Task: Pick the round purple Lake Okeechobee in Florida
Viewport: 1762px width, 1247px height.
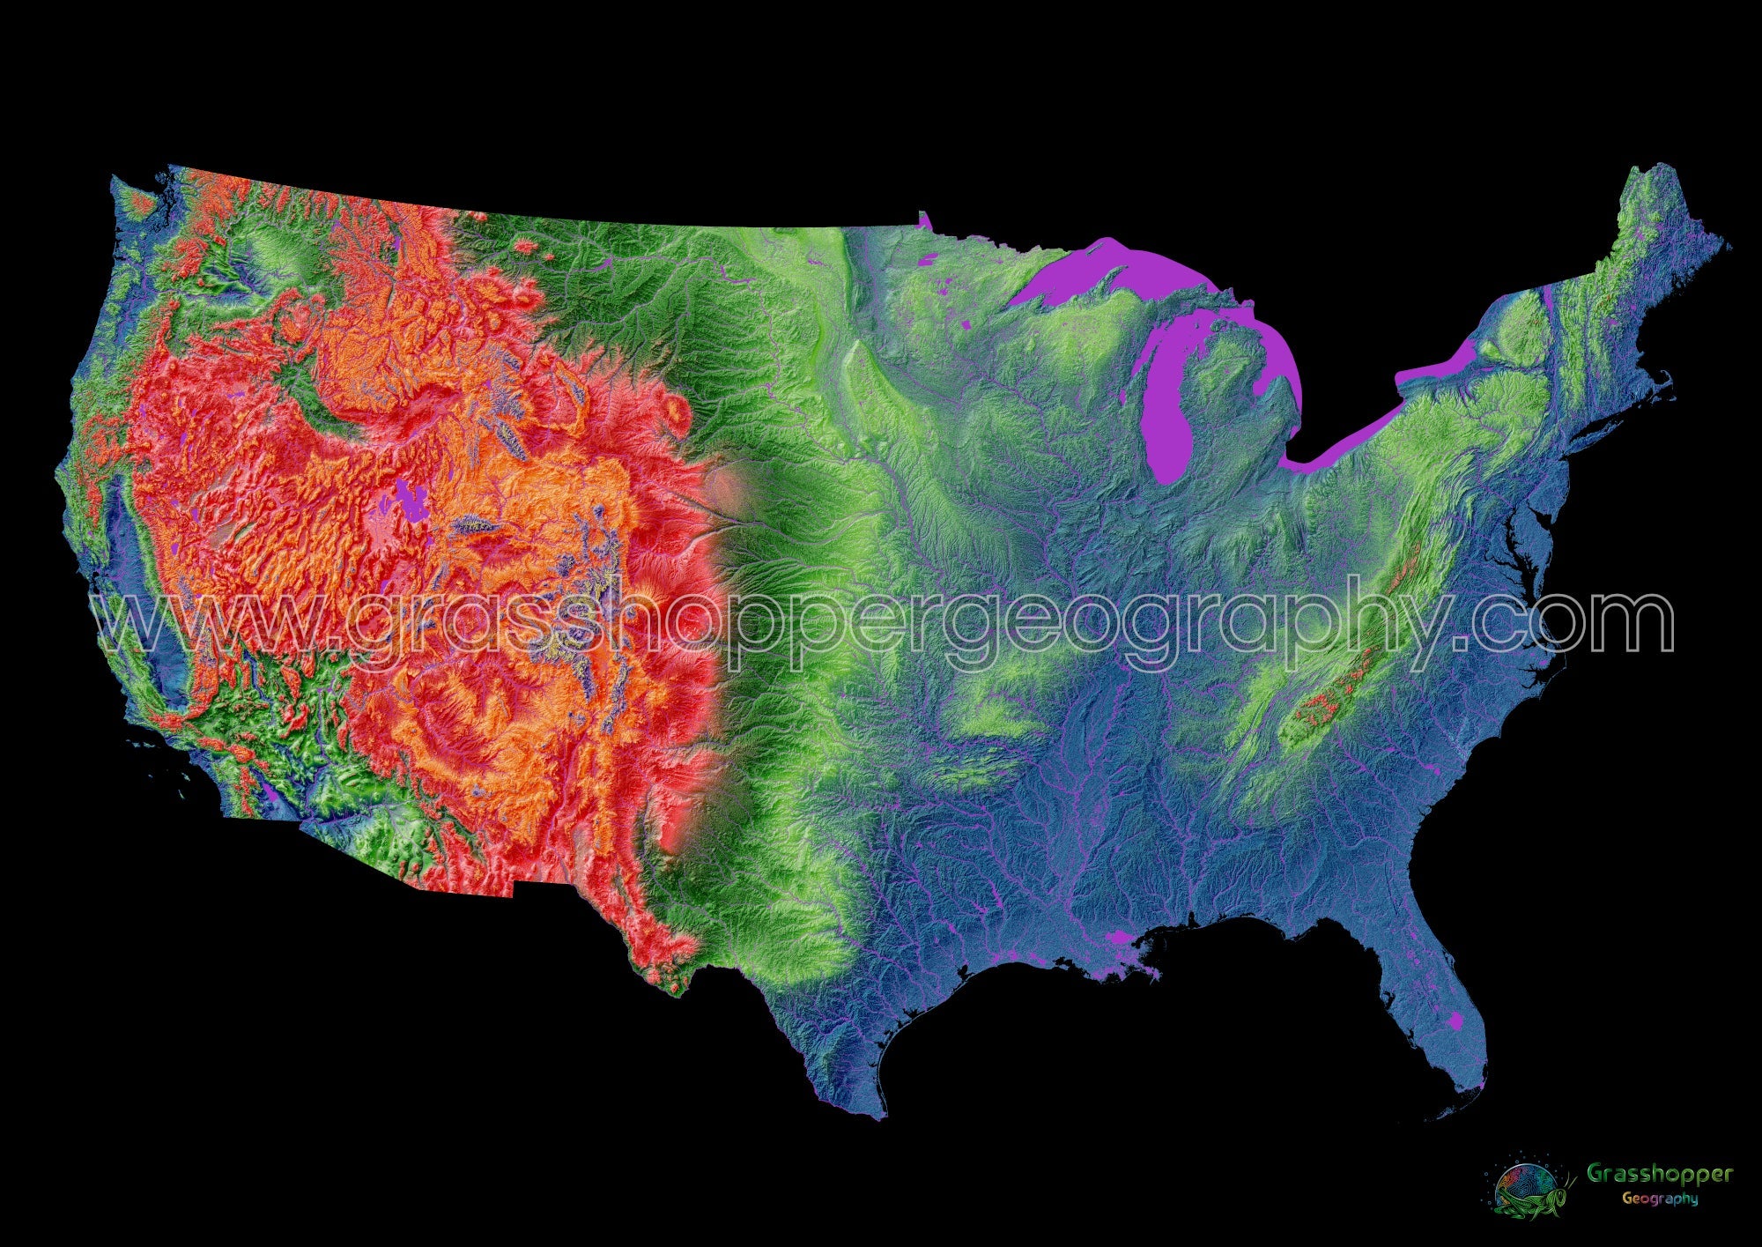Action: tap(1455, 1021)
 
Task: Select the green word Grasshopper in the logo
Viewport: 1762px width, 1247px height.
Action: tap(1659, 1174)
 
